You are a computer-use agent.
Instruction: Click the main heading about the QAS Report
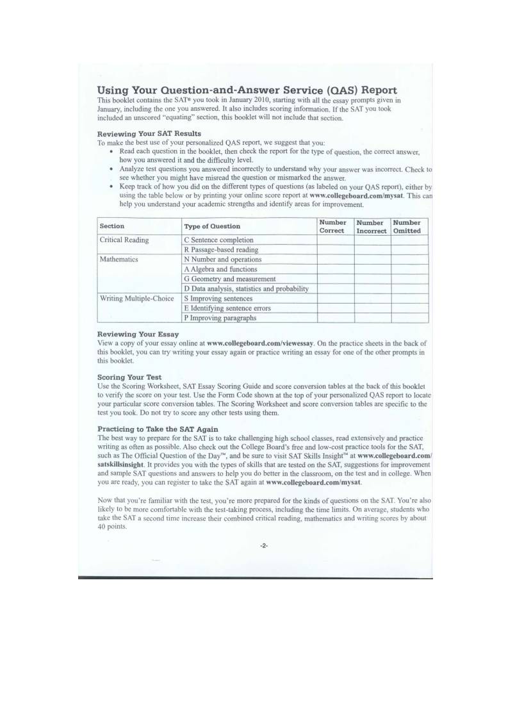[x=247, y=90]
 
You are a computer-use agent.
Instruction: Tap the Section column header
[x=112, y=226]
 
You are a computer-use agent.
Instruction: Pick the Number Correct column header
[x=332, y=226]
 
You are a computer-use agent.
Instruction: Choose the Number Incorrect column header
[x=371, y=226]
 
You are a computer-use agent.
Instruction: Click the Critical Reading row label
[x=124, y=240]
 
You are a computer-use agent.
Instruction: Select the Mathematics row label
[x=119, y=260]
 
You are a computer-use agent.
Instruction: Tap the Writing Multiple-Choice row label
[x=137, y=299]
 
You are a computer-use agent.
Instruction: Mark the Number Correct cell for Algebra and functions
[x=332, y=269]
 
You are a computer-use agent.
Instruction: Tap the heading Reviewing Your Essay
[x=138, y=335]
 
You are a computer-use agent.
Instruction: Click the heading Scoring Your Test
[x=129, y=377]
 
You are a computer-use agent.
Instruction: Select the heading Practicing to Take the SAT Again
[x=158, y=429]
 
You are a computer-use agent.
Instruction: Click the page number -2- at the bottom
[x=264, y=546]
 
